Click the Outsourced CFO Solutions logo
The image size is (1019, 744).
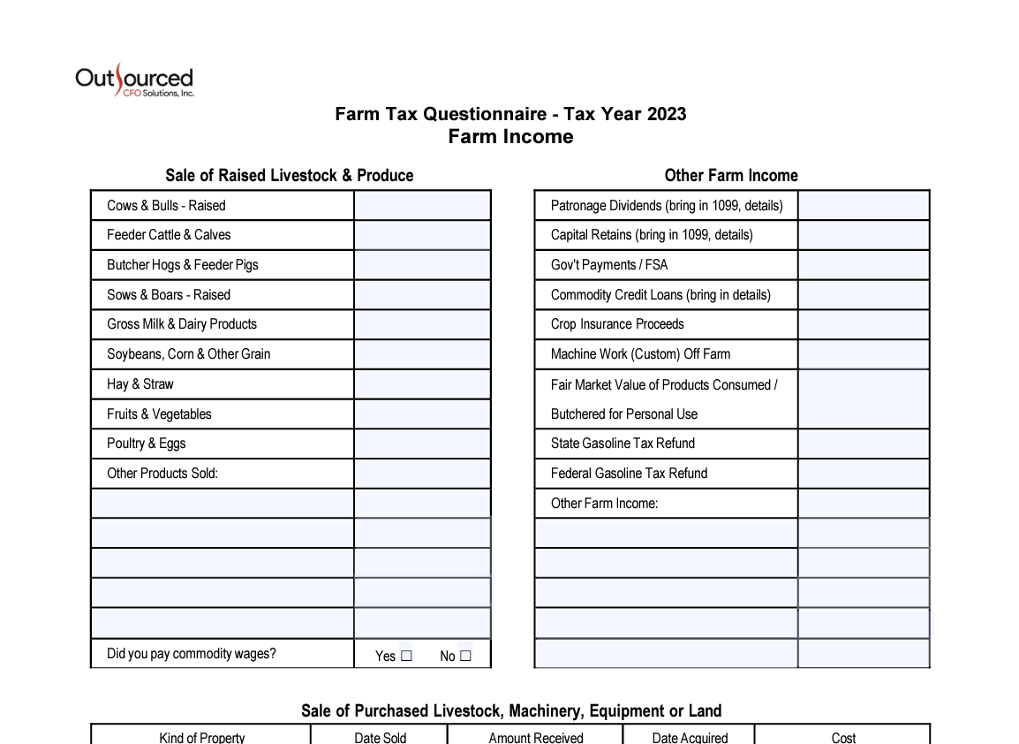pyautogui.click(x=134, y=80)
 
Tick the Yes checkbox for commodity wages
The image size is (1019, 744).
pyautogui.click(x=406, y=656)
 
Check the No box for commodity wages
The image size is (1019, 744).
pyautogui.click(x=465, y=656)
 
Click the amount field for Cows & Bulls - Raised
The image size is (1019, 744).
pyautogui.click(x=422, y=206)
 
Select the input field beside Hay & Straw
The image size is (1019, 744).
pyautogui.click(x=422, y=384)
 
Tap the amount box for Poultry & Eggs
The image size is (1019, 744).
pyautogui.click(x=422, y=444)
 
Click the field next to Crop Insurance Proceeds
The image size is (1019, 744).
pyautogui.click(x=864, y=324)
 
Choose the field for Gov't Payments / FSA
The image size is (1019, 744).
pyautogui.click(x=864, y=265)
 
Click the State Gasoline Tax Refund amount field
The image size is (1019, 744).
pyautogui.click(x=864, y=444)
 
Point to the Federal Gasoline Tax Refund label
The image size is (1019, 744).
pyautogui.click(x=629, y=474)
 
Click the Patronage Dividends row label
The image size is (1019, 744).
pyautogui.click(x=667, y=206)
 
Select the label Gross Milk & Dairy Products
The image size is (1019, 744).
pyautogui.click(x=182, y=324)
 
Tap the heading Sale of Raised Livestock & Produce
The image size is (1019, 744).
pyautogui.click(x=290, y=175)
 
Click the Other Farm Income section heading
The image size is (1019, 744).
pyautogui.click(x=731, y=175)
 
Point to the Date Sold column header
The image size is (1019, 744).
pyautogui.click(x=381, y=738)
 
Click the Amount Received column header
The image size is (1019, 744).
pyautogui.click(x=536, y=738)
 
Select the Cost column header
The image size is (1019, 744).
pyautogui.click(x=843, y=738)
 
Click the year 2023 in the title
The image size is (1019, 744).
pyautogui.click(x=667, y=114)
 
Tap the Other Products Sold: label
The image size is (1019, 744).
pyautogui.click(x=162, y=474)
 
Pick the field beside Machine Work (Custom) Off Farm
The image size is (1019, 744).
pyautogui.click(x=864, y=354)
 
